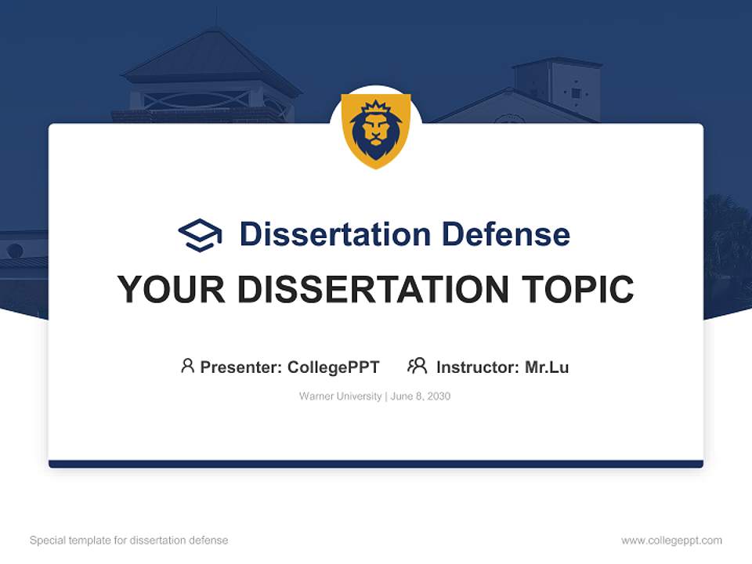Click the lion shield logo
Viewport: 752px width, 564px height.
click(376, 130)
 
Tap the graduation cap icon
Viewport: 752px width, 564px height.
click(200, 234)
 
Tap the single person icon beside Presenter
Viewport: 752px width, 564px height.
click(187, 366)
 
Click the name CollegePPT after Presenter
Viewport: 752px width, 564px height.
click(334, 367)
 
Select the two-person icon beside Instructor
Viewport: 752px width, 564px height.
click(417, 366)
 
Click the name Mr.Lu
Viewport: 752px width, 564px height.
click(547, 367)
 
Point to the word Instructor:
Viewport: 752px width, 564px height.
click(477, 367)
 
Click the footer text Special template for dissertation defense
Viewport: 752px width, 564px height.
click(128, 540)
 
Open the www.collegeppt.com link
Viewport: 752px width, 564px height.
click(671, 540)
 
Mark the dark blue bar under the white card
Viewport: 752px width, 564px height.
click(376, 464)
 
